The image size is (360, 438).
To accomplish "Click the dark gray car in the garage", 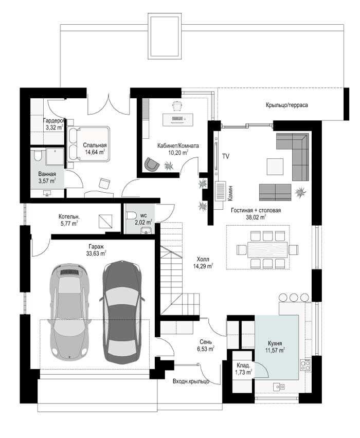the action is tap(122, 312).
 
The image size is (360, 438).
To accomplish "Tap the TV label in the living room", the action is tap(226, 156).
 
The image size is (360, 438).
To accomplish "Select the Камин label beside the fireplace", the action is tap(230, 193).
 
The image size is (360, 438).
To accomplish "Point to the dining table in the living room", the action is tap(267, 249).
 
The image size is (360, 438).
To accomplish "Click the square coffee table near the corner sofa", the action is tap(275, 167).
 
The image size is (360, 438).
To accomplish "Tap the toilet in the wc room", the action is tap(131, 215).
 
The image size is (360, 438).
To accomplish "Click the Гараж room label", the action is tap(96, 247).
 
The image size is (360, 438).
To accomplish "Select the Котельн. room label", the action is tap(69, 216).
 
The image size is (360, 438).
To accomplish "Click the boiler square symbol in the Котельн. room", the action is tap(105, 222).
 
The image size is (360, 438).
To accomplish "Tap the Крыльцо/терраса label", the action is tap(287, 105).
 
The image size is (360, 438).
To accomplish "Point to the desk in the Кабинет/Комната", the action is tap(178, 119).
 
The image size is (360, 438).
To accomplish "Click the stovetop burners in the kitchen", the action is tap(305, 365).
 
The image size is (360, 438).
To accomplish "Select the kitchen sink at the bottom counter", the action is tap(279, 387).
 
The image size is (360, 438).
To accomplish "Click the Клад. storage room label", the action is tap(243, 366).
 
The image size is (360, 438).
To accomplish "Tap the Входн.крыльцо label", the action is tap(191, 381).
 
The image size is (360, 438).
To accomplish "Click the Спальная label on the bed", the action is tap(95, 145).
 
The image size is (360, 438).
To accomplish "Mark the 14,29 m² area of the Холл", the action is tap(203, 266).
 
